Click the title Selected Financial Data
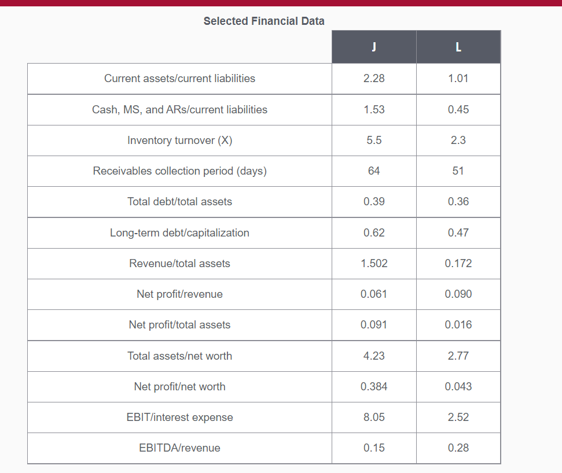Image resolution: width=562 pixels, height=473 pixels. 264,21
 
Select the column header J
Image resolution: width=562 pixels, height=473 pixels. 374,47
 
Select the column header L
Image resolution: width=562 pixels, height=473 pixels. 458,47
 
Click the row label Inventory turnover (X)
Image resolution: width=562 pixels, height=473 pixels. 179,140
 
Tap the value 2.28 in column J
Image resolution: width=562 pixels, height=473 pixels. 374,79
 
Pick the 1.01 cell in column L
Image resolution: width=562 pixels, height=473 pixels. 458,79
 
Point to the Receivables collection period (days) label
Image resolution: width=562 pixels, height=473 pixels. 179,171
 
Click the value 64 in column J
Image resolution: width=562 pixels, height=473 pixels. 374,171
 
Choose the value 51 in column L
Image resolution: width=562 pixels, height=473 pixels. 458,171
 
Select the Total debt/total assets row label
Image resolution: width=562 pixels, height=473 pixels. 179,202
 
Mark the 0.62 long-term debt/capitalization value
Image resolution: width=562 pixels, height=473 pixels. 374,232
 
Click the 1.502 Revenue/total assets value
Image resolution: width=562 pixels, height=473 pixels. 374,263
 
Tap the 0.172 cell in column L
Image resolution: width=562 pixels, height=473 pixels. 458,263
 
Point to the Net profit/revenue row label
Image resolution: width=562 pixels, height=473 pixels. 179,294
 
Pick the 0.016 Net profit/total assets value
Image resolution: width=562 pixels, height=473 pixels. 458,325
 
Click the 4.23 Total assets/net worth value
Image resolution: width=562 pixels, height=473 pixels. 374,356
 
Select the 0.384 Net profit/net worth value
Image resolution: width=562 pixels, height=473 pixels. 374,386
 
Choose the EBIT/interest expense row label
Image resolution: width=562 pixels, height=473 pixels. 179,417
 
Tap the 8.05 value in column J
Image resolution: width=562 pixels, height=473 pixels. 374,417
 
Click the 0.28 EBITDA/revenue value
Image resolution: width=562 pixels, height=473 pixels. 458,448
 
